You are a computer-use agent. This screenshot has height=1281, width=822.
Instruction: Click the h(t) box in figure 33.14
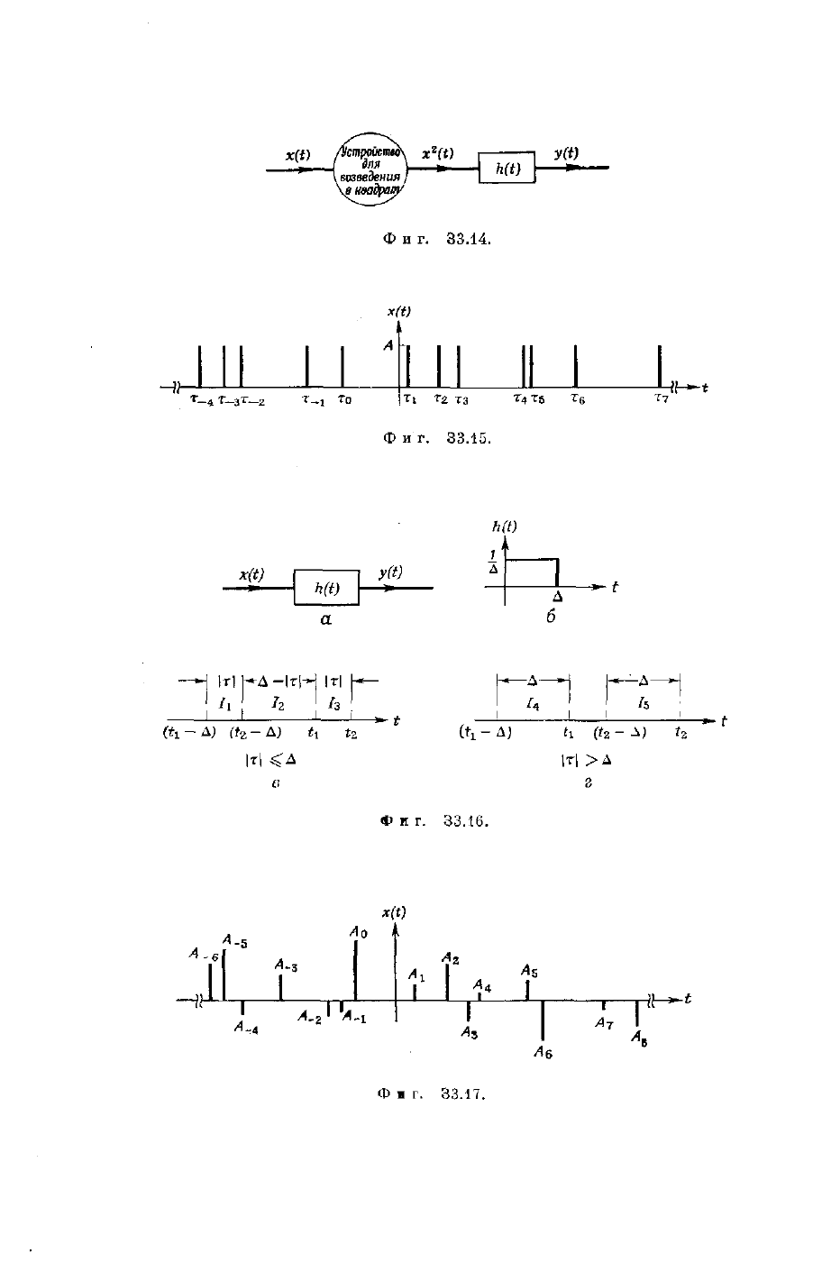click(506, 169)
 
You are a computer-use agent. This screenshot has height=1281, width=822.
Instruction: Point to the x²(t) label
click(438, 154)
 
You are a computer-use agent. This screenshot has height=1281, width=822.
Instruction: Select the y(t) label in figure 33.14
click(566, 153)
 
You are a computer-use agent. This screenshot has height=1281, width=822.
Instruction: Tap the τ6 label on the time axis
click(578, 398)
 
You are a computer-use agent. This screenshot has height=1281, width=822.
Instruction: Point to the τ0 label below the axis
click(344, 398)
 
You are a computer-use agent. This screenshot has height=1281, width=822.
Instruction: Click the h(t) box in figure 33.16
click(326, 588)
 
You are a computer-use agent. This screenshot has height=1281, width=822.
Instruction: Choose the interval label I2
click(279, 704)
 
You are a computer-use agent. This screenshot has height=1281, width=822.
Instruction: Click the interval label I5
click(643, 703)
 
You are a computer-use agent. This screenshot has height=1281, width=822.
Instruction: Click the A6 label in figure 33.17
click(543, 1051)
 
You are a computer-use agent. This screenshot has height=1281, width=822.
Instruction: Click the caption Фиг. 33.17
click(433, 1094)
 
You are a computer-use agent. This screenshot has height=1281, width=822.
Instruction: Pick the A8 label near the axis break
click(639, 1039)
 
